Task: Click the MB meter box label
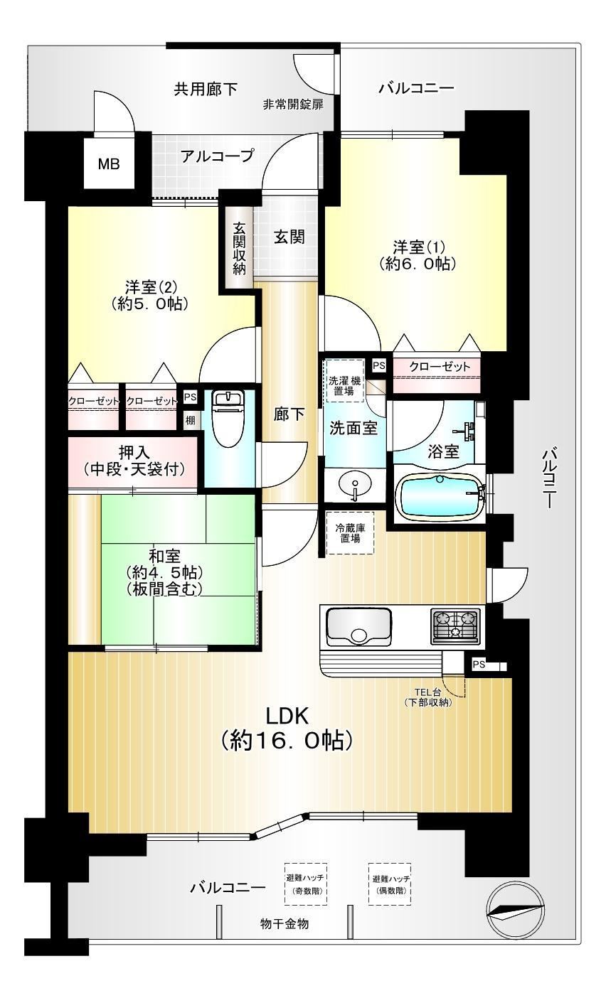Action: pyautogui.click(x=110, y=164)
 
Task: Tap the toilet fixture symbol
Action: pyautogui.click(x=226, y=419)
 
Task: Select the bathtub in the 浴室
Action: pyautogui.click(x=440, y=495)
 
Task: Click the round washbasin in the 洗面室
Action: pyautogui.click(x=355, y=483)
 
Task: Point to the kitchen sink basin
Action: pyautogui.click(x=358, y=628)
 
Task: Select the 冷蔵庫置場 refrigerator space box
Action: pyautogui.click(x=350, y=532)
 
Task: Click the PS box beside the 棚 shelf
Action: pyautogui.click(x=190, y=397)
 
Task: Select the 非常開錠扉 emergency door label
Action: pyautogui.click(x=293, y=104)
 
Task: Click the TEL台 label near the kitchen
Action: pyautogui.click(x=427, y=692)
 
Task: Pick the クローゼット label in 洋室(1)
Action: pyautogui.click(x=440, y=366)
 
